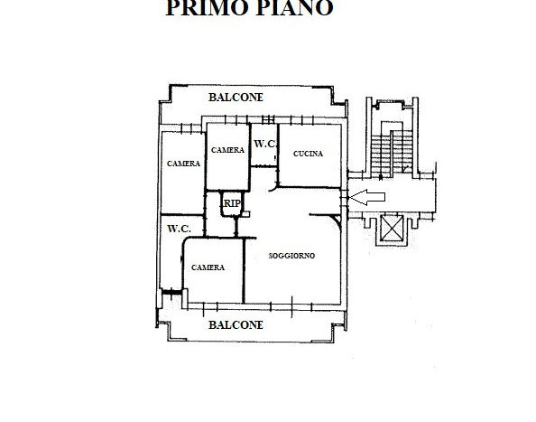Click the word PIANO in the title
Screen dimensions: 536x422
295,7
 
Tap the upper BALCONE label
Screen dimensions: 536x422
236,98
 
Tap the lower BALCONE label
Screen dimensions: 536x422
236,324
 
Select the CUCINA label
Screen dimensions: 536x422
308,154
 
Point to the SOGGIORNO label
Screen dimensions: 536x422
291,256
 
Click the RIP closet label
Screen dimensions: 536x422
232,203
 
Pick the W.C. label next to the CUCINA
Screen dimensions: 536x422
265,144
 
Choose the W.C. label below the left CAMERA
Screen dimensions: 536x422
179,229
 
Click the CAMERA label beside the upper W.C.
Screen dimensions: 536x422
227,150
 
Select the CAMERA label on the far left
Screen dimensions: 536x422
183,164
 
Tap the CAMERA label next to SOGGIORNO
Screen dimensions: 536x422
208,267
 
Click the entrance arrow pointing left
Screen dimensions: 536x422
366,197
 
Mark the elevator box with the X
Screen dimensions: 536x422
392,228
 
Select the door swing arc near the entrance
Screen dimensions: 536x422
337,220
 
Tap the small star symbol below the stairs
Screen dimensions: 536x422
381,177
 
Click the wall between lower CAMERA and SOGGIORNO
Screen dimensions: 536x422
244,271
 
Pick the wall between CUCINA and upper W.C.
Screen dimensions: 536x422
278,155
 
